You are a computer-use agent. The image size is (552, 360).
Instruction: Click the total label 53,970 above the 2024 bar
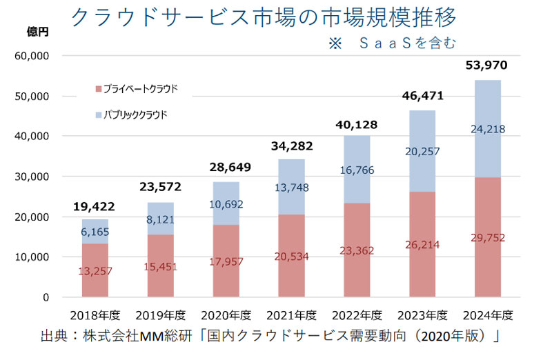[486, 66]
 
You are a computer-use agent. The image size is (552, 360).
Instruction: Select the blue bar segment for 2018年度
[95, 232]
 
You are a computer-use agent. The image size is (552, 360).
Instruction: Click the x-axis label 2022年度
[356, 316]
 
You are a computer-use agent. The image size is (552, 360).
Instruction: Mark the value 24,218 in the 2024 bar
[486, 128]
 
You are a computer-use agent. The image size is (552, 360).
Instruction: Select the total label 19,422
[95, 206]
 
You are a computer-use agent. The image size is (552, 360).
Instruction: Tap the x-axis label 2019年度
[159, 316]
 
